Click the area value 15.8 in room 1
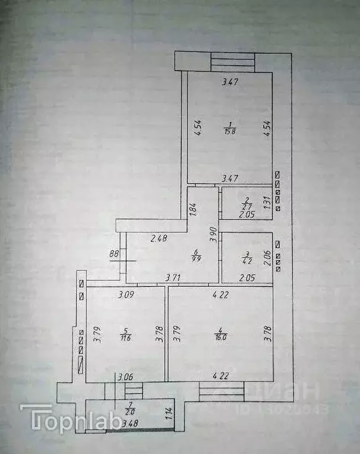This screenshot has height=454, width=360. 229,131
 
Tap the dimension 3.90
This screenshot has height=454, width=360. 213,235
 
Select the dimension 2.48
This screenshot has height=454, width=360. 158,239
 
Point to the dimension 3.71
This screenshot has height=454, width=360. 173,277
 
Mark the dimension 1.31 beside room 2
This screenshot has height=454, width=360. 267,203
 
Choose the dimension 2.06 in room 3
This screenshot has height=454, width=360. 267,257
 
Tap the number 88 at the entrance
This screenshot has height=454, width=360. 114,254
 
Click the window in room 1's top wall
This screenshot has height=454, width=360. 233,61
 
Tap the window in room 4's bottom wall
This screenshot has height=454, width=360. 221,390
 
